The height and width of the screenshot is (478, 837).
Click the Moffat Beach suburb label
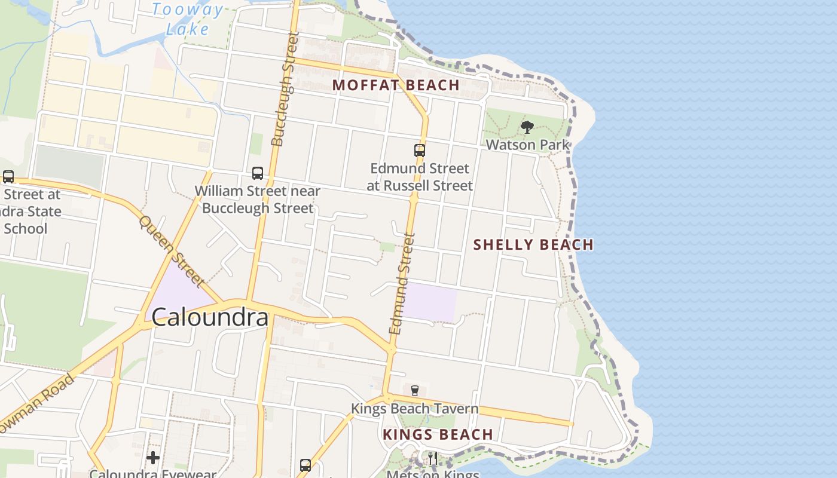tap(396, 85)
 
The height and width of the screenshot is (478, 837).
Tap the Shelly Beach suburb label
tap(533, 244)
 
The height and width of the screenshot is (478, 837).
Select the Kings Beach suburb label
tap(438, 434)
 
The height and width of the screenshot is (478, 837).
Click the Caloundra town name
tap(209, 317)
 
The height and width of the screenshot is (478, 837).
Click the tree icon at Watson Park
tap(527, 127)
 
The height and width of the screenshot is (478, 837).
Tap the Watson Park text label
tap(527, 145)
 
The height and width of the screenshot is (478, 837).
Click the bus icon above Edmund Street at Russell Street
tap(420, 151)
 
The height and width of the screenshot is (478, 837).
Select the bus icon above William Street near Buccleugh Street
tap(258, 173)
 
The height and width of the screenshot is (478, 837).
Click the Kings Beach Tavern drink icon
tap(414, 391)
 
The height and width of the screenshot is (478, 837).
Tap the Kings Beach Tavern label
tap(414, 409)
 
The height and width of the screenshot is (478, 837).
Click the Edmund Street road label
tap(402, 283)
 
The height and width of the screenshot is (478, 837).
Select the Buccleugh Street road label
tap(285, 90)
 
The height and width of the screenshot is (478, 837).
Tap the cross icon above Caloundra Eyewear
tap(153, 458)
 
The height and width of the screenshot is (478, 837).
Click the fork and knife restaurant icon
tap(432, 458)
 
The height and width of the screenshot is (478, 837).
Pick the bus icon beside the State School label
tap(8, 177)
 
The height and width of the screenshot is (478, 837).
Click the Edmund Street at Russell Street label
tap(420, 177)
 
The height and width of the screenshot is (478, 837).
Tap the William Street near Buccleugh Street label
tap(258, 200)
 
